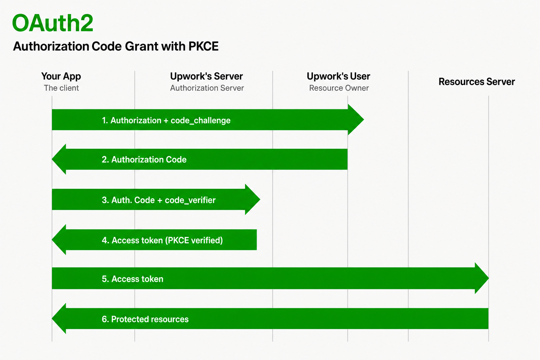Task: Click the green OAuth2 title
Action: click(52, 23)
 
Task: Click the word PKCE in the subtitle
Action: click(204, 46)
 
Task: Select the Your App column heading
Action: click(61, 76)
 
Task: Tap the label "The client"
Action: click(62, 88)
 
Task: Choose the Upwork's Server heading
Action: click(206, 76)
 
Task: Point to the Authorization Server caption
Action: click(207, 88)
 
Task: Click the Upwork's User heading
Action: click(339, 76)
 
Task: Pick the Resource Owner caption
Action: click(339, 88)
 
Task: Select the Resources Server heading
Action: click(477, 82)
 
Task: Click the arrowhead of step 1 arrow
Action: click(356, 120)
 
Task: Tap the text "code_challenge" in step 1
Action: click(201, 121)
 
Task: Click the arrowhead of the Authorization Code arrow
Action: click(59, 159)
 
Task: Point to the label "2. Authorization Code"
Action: click(144, 160)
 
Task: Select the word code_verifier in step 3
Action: click(190, 200)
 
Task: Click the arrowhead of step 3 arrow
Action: click(253, 199)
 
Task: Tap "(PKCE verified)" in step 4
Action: click(194, 240)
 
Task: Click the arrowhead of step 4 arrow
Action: click(59, 240)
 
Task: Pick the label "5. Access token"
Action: click(133, 279)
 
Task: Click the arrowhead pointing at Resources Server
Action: click(482, 278)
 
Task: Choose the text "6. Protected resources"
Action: click(145, 319)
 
